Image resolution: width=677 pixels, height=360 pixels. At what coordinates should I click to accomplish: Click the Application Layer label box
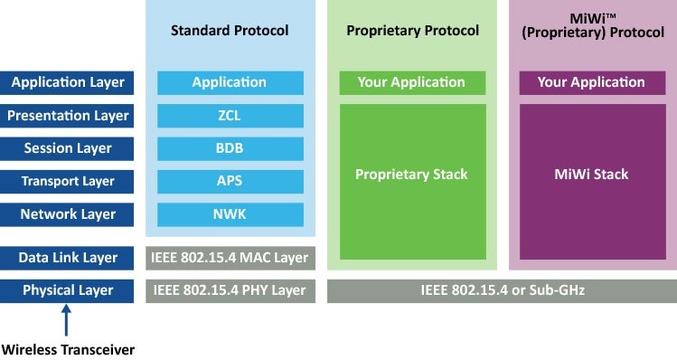coord(68,82)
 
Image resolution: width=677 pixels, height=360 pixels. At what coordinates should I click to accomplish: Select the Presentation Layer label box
coord(68,116)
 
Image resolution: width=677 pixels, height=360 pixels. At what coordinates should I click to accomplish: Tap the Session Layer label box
coord(68,148)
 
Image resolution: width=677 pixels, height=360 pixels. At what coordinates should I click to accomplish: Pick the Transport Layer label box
coord(68,181)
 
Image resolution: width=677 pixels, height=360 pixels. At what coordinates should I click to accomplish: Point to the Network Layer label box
coord(68,214)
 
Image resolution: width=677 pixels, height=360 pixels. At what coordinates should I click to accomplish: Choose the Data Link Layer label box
coord(68,258)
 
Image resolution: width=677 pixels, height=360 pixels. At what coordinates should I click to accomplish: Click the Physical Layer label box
coord(68,290)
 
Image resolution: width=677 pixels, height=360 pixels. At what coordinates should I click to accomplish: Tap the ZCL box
coord(230,116)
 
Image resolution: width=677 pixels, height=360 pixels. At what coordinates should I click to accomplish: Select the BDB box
coord(230,148)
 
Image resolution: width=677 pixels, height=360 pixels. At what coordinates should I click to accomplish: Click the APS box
coord(230,181)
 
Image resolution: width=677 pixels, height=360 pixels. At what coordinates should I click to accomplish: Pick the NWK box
coord(230,214)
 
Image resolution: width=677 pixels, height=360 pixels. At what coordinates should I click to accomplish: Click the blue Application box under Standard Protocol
coord(230,82)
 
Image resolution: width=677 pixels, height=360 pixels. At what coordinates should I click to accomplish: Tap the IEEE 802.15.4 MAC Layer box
coord(230,258)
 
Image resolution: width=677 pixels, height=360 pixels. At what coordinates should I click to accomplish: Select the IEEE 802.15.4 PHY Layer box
coord(230,290)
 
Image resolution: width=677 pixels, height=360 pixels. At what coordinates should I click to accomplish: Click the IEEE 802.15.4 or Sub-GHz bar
coord(502,290)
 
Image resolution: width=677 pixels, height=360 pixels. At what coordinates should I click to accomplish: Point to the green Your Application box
coord(412,82)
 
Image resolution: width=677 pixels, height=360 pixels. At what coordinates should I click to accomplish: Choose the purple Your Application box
coord(591,82)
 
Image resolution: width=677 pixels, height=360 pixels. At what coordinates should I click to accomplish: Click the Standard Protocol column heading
coord(230,31)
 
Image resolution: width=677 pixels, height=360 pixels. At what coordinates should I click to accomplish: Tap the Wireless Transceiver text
coord(68,348)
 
